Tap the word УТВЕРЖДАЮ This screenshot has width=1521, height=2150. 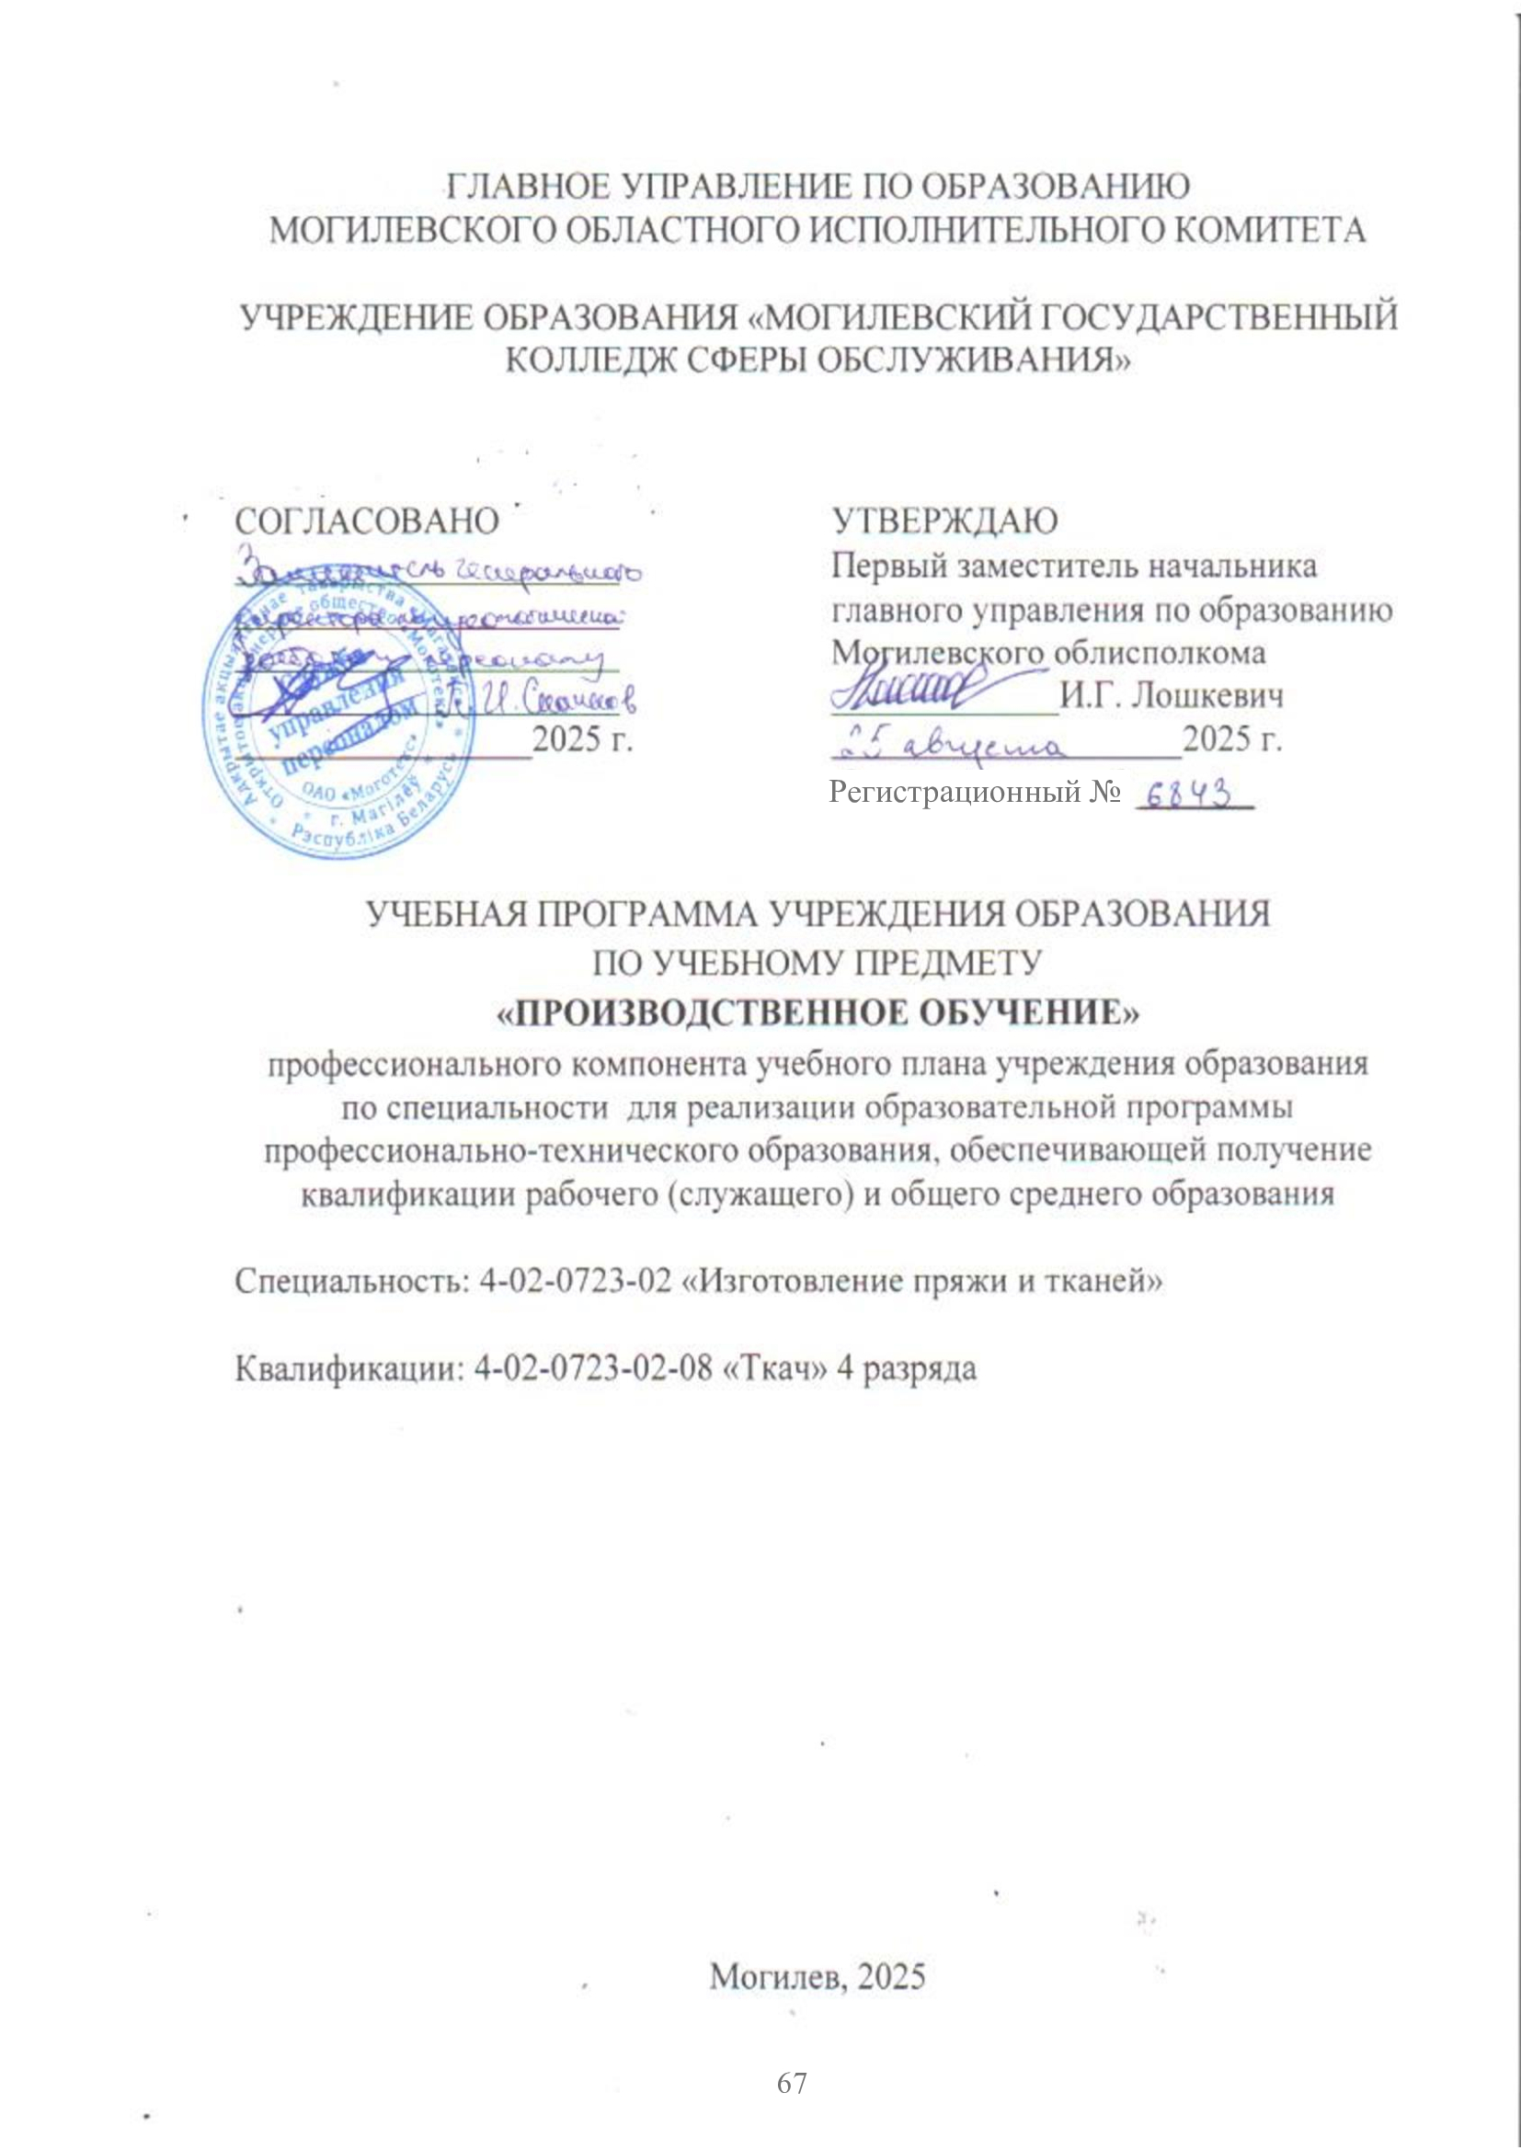pyautogui.click(x=946, y=520)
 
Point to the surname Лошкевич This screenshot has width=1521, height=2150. pyautogui.click(x=1207, y=697)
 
